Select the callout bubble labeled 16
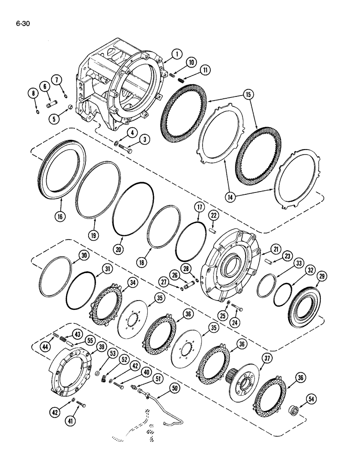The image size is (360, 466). click(x=62, y=215)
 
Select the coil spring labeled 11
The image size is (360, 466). click(x=181, y=79)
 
